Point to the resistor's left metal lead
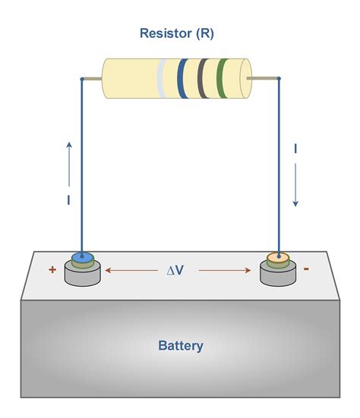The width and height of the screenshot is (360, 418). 92,78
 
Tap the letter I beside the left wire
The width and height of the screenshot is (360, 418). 69,201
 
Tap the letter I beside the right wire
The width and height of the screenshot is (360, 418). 295,150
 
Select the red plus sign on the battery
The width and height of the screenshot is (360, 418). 52,269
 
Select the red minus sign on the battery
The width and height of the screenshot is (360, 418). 305,269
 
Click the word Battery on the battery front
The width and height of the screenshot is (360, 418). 181,346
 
